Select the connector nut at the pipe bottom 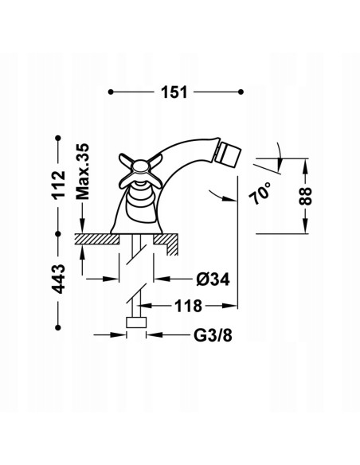(138, 323)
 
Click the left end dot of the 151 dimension (110, 92)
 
